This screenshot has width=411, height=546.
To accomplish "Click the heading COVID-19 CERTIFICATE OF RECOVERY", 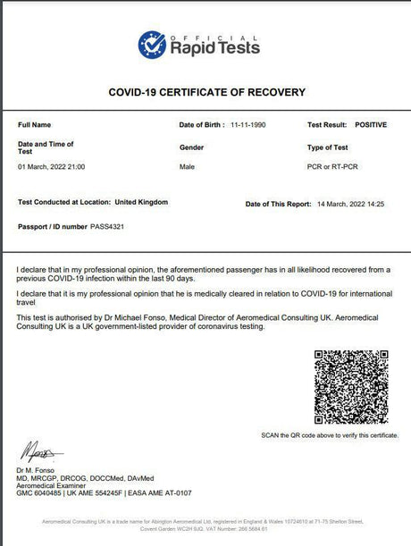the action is coord(206,92).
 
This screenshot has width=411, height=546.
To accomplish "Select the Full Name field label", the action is coord(35,125).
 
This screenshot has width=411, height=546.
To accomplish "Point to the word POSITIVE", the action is coord(371,125).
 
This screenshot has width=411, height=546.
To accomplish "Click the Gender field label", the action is coord(192,147).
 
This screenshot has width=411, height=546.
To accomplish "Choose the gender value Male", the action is coord(188,167).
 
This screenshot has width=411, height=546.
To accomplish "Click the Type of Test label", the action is coord(328,147).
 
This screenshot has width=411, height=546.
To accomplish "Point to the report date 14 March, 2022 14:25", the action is coord(350,205).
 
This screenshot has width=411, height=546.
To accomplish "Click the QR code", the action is coord(351,386).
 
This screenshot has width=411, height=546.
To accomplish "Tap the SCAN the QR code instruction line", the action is coord(330,435).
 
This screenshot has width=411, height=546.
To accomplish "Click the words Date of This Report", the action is coord(278,205).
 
